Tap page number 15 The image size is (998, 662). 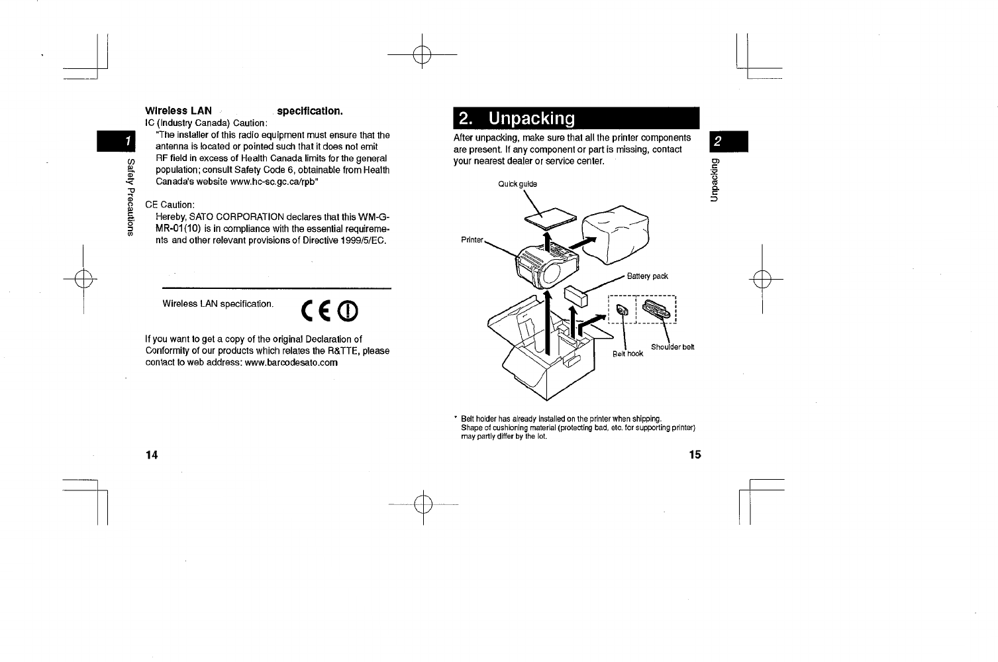[694, 455]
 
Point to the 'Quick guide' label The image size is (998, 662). [518, 184]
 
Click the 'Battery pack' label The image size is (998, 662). [647, 276]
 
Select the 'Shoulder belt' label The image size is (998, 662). [672, 347]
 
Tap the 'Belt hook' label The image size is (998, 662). [627, 354]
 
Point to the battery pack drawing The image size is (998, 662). [575, 297]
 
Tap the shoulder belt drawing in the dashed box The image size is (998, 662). [656, 310]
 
